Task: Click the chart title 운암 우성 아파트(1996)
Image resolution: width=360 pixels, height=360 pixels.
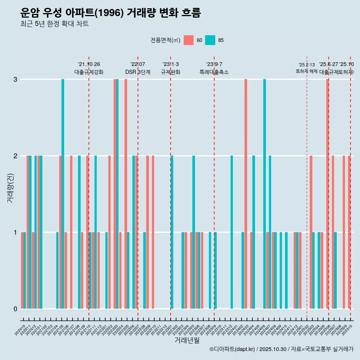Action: pos(111,13)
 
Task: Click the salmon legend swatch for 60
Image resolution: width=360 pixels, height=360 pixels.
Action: pos(189,40)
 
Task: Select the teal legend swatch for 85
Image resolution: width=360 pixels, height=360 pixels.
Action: pos(210,40)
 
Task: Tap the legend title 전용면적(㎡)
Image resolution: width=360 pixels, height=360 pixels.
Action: pos(165,40)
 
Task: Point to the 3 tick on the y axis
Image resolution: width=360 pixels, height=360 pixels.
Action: pos(15,79)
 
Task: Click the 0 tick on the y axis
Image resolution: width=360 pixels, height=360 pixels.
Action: pos(15,309)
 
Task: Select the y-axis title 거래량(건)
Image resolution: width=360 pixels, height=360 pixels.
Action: pos(10,187)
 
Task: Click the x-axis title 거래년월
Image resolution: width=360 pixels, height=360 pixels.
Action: pos(187,340)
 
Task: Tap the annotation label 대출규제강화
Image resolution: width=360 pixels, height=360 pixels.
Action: pos(89,72)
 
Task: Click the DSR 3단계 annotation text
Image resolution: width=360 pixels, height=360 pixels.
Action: pos(138,72)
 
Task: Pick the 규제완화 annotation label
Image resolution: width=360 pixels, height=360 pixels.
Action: pos(171,72)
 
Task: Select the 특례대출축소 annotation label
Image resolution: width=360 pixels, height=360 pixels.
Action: pos(214,72)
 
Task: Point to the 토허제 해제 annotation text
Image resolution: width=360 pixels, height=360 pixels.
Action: pos(307,71)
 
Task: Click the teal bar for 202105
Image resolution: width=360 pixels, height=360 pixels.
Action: pos(63,194)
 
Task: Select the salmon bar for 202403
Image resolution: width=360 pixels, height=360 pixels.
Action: pos(246,194)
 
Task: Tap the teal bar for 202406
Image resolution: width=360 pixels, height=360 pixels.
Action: pos(264,194)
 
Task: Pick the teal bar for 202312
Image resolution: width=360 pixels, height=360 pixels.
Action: pos(232,232)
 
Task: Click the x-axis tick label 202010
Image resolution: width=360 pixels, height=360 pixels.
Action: pos(20,330)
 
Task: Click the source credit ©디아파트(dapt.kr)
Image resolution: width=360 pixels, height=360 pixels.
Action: pos(232,349)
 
